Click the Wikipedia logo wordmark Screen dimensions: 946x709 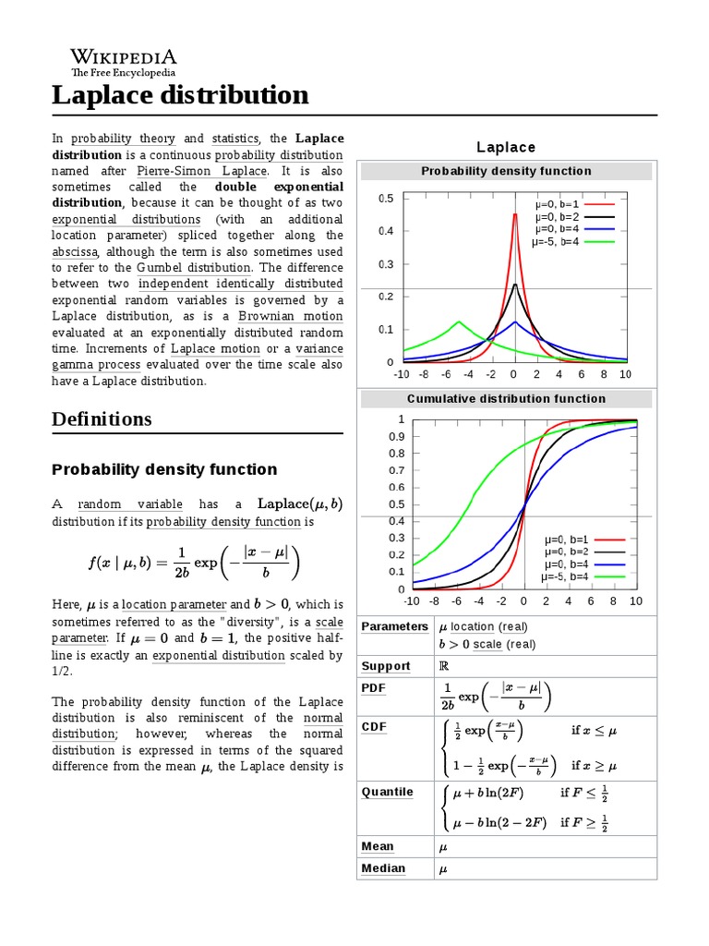coord(124,56)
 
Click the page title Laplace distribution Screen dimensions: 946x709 coord(180,95)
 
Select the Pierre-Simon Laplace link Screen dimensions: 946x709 coord(201,171)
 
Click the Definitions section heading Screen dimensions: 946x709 coord(102,418)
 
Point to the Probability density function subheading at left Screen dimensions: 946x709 coord(164,469)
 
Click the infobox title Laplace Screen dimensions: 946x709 coord(505,148)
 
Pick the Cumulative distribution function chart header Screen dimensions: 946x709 coord(506,399)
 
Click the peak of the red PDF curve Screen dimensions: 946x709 coord(514,214)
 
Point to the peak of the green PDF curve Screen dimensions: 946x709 coord(458,322)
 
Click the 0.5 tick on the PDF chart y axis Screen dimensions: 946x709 coord(385,199)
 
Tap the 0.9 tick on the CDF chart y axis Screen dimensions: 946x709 coord(395,436)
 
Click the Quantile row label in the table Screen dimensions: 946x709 coord(387,792)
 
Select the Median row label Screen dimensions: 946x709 coord(383,868)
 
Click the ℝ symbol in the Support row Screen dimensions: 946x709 coord(442,666)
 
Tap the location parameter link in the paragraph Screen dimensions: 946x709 coord(174,605)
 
